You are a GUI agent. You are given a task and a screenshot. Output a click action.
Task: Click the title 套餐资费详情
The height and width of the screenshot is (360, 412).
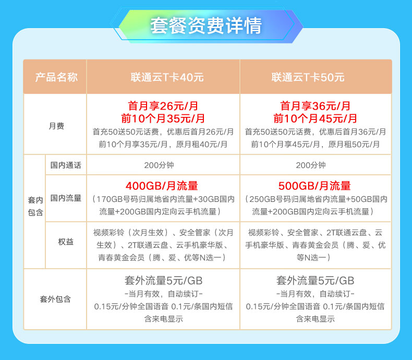point(206,26)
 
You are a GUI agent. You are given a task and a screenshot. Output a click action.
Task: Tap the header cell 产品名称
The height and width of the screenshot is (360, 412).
point(56,77)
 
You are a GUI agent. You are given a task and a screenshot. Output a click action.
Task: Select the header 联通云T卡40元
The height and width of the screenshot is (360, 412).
point(167,77)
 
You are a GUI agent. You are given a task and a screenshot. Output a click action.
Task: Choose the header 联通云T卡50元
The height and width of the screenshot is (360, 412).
point(308,77)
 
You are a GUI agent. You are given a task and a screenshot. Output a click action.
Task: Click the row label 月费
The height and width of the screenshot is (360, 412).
point(56,126)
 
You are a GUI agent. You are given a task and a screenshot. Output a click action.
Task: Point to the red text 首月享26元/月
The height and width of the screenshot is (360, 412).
point(163,106)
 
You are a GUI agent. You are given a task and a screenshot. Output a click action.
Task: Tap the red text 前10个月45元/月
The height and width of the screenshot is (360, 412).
point(315,118)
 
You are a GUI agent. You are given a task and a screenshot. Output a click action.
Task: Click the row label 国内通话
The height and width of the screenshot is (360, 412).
point(66,165)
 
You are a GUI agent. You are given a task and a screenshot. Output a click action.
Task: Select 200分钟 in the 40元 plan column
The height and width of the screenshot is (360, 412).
point(159,165)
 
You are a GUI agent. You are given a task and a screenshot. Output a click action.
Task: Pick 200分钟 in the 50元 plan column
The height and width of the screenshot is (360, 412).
point(311,165)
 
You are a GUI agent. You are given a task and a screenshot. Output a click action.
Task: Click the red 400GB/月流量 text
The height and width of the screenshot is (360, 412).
point(162,186)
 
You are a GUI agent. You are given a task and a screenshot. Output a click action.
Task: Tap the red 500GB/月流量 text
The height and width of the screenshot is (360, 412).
point(314,186)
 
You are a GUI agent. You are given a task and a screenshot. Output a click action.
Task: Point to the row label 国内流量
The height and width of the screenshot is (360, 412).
point(66,198)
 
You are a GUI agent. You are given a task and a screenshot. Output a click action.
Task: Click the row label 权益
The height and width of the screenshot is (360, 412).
point(66,242)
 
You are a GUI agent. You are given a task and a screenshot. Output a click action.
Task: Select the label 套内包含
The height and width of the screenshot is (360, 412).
point(35,206)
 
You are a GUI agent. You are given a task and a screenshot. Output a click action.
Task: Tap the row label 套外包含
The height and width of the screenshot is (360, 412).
point(55,299)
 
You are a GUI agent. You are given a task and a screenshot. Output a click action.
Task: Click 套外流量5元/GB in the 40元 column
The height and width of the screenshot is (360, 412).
point(163,281)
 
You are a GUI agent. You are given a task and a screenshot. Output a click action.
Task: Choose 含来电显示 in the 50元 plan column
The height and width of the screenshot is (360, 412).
point(316,319)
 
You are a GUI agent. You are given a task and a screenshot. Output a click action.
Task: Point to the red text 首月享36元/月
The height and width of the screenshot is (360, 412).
point(315,106)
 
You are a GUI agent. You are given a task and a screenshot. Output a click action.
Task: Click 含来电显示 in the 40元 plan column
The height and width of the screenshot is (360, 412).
point(163,319)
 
